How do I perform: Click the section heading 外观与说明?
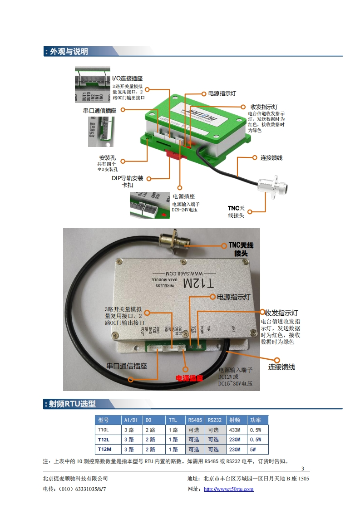(x=69, y=52)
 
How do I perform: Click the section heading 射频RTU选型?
(x=72, y=404)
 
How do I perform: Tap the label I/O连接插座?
(x=127, y=78)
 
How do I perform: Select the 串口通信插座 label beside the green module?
(x=100, y=110)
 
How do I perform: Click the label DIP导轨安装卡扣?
(x=128, y=181)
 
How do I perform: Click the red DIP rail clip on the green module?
(x=175, y=154)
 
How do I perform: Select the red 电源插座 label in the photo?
(x=189, y=377)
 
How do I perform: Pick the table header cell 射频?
(x=235, y=420)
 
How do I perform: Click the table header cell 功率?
(x=256, y=420)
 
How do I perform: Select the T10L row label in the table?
(x=103, y=430)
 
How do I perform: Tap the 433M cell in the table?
(x=235, y=430)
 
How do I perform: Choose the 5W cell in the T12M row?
(x=252, y=450)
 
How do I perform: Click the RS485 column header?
(x=195, y=420)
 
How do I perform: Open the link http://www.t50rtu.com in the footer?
(x=228, y=489)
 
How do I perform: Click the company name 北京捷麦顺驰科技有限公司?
(x=75, y=479)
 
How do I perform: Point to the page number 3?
(x=303, y=469)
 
